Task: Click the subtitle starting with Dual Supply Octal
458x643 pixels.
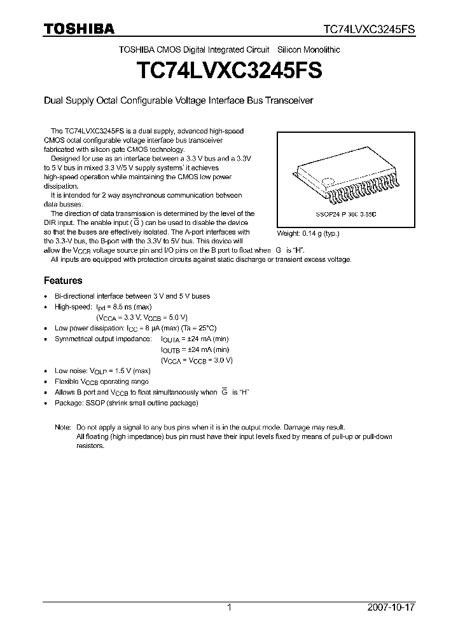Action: coord(178,100)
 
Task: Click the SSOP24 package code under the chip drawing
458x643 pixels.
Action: coord(346,215)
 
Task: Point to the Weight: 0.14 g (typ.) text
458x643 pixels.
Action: coord(308,233)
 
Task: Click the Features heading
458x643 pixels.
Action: coord(63,280)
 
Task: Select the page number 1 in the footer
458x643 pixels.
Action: coord(229,607)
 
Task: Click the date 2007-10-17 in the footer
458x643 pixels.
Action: coord(391,607)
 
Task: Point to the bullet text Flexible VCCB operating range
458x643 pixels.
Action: coord(102,381)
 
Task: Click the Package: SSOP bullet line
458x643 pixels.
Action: coord(127,403)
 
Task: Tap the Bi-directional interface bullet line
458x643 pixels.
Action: coord(132,296)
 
